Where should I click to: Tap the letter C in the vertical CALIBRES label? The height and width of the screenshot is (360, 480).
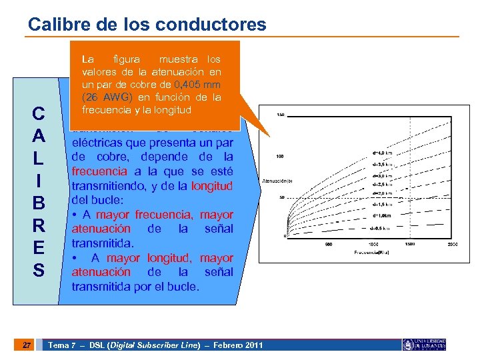click(39, 114)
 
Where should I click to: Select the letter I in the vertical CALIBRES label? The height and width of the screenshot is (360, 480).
click(39, 181)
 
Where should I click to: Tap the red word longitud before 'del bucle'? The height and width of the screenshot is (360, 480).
click(212, 186)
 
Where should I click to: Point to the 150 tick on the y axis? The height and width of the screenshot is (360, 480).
click(281, 115)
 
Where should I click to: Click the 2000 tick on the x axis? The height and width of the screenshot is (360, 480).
click(453, 243)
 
